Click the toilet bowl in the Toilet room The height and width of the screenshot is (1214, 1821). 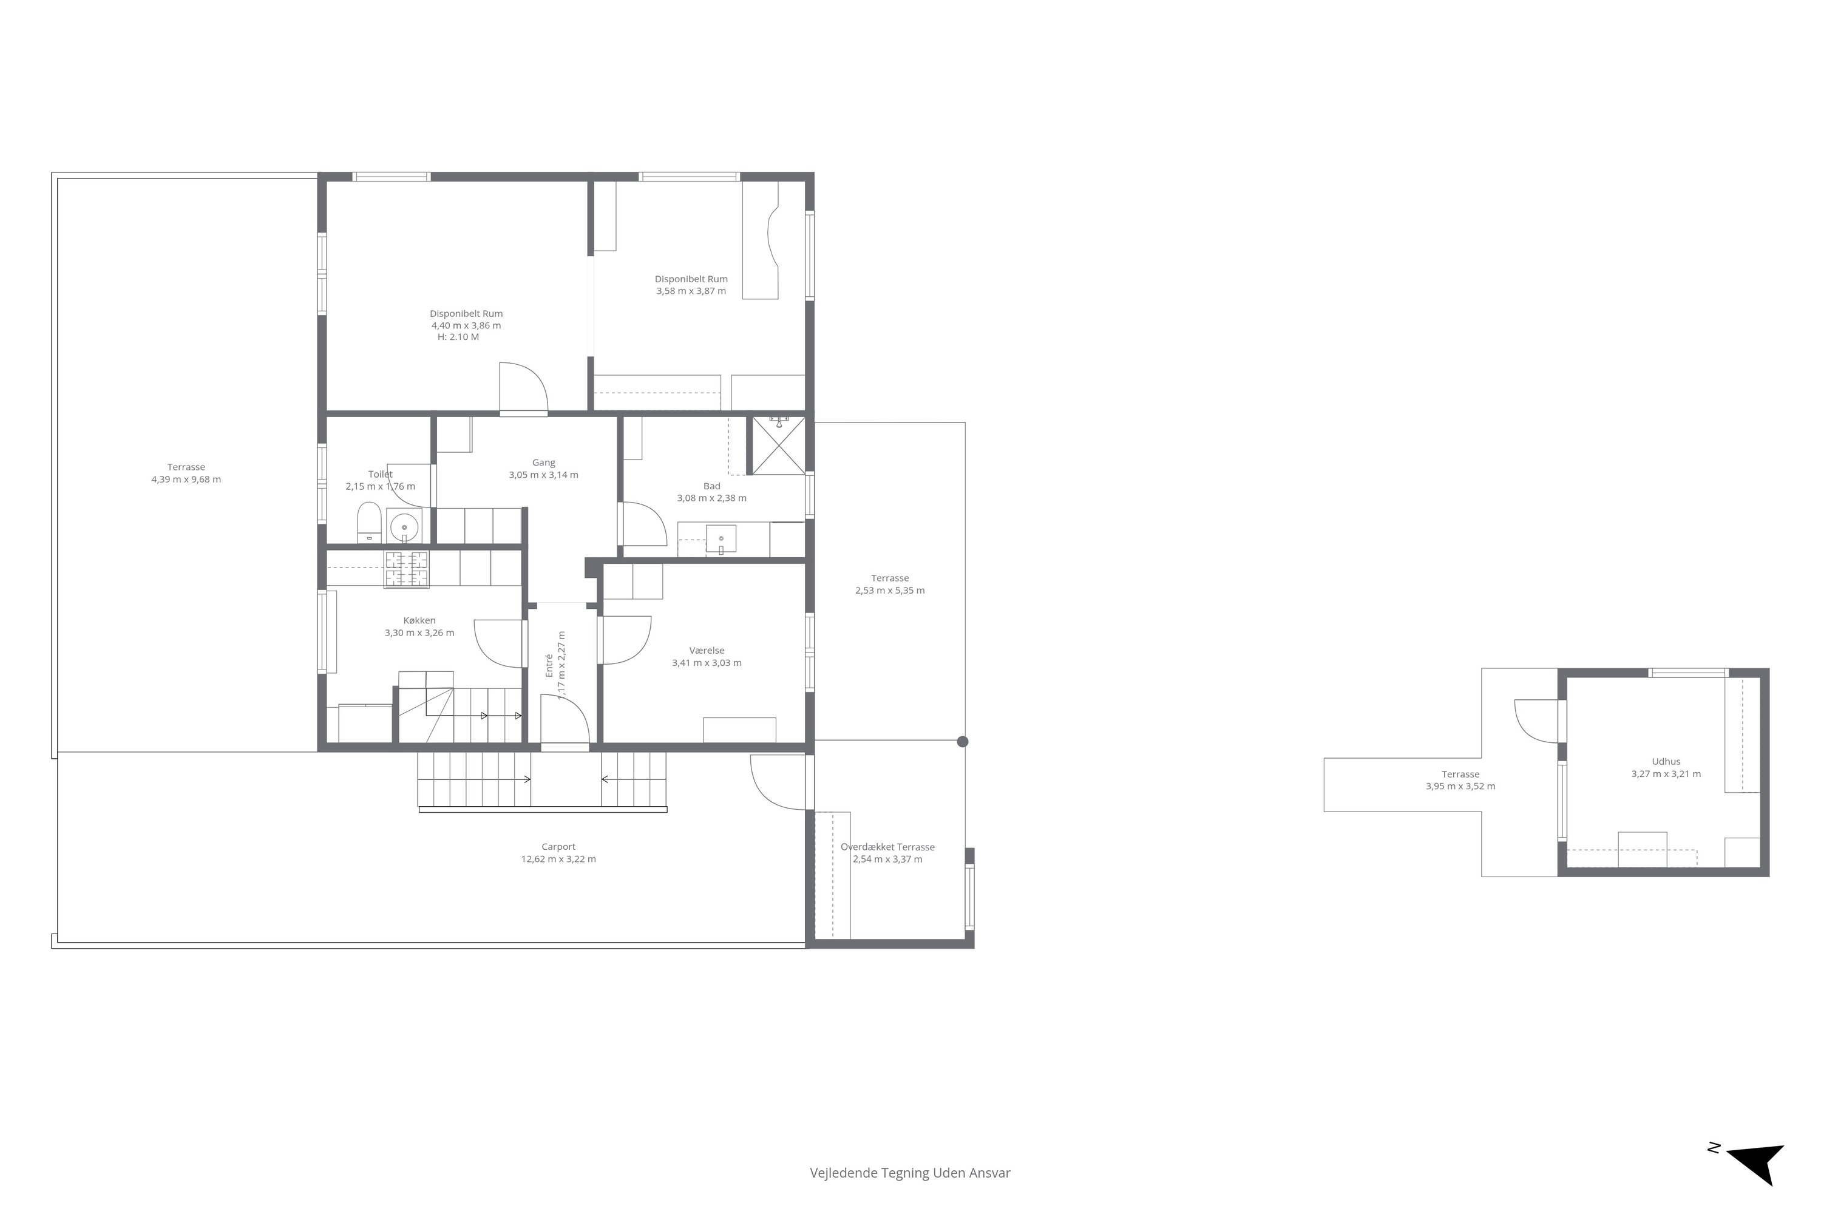coord(368,523)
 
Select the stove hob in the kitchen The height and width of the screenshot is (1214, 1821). coord(407,570)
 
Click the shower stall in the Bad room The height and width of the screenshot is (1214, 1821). coord(779,445)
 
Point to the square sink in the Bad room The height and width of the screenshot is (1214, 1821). coord(721,539)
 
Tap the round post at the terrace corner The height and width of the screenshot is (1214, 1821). coord(962,742)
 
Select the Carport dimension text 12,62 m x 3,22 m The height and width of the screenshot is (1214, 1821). coord(558,859)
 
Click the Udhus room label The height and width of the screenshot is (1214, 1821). coord(1666,761)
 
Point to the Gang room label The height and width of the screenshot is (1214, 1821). coord(543,462)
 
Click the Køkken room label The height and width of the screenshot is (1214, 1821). coord(419,620)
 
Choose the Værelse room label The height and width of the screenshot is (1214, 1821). coord(707,650)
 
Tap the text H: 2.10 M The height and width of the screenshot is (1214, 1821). coord(458,337)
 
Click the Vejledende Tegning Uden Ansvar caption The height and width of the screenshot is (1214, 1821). coord(910,1173)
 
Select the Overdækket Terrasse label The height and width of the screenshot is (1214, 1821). coord(888,847)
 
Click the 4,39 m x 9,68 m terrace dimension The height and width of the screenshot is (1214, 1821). coord(186,480)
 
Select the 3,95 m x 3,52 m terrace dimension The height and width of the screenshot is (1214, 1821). coord(1461,786)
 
